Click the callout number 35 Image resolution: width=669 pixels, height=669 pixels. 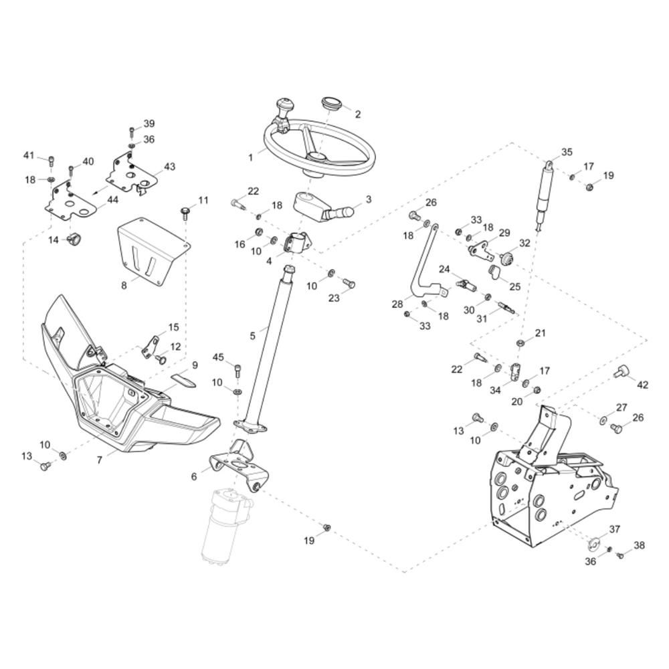point(567,152)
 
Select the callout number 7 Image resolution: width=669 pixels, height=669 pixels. point(100,460)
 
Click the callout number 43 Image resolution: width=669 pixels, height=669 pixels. point(169,166)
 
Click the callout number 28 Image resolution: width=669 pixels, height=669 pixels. point(397,304)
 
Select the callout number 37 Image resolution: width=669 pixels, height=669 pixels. point(615,529)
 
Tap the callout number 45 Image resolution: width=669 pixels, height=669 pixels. point(218,357)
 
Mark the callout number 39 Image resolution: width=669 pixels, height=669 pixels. point(149,124)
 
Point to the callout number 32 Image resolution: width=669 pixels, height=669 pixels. point(525,243)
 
